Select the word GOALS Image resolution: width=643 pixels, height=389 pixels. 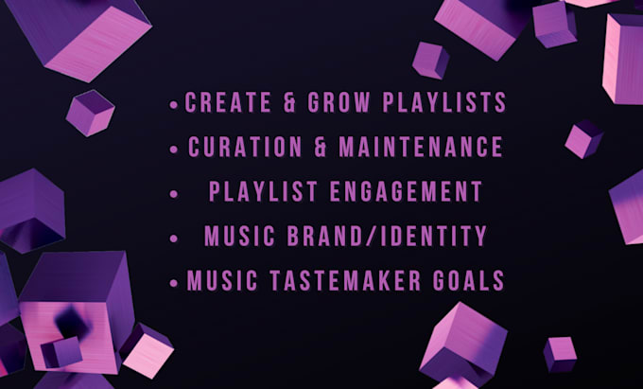(469, 281)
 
